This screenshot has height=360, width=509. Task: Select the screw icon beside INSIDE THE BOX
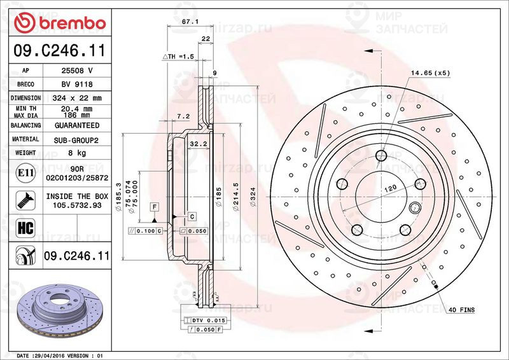pos(24,201)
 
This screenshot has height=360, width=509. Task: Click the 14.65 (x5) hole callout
pos(430,73)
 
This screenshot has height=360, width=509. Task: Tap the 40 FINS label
pos(461,310)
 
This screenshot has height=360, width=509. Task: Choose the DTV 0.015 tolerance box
pos(210,319)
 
